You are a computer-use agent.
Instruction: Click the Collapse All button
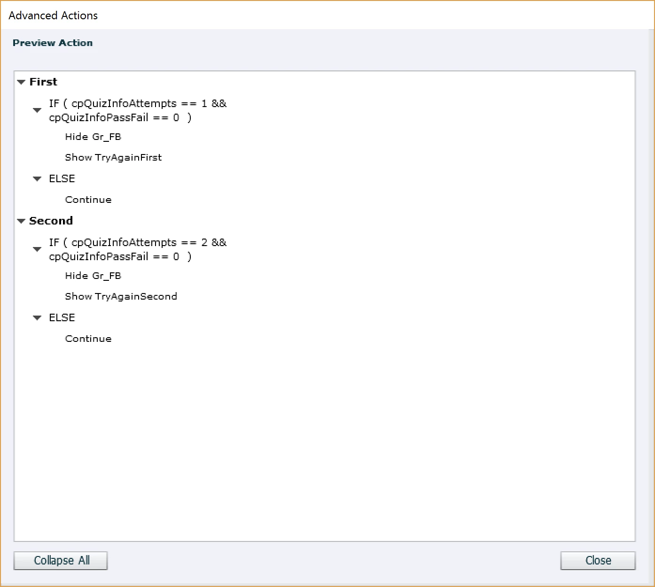click(61, 560)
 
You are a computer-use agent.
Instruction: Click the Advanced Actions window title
click(53, 15)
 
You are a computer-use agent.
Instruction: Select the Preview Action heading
click(53, 43)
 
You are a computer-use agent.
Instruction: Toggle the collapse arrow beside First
click(21, 82)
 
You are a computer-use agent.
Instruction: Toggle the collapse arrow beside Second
click(21, 221)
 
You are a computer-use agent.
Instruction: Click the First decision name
click(43, 82)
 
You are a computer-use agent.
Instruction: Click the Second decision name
click(51, 221)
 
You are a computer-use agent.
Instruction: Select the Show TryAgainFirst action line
click(113, 157)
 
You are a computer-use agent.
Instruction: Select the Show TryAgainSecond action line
click(121, 296)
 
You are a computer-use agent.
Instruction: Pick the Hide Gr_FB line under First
click(93, 137)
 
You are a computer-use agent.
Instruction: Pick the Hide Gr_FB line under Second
click(93, 276)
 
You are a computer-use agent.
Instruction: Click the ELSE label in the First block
click(62, 178)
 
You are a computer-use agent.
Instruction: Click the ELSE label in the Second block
click(62, 317)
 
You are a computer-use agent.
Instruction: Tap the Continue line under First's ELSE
click(88, 200)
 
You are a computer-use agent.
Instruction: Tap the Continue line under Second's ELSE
click(88, 339)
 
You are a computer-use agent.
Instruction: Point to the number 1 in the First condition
click(204, 103)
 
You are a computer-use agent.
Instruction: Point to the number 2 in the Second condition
click(204, 242)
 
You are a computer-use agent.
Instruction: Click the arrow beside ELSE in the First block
click(37, 178)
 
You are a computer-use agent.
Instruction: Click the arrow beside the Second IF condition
click(37, 249)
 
